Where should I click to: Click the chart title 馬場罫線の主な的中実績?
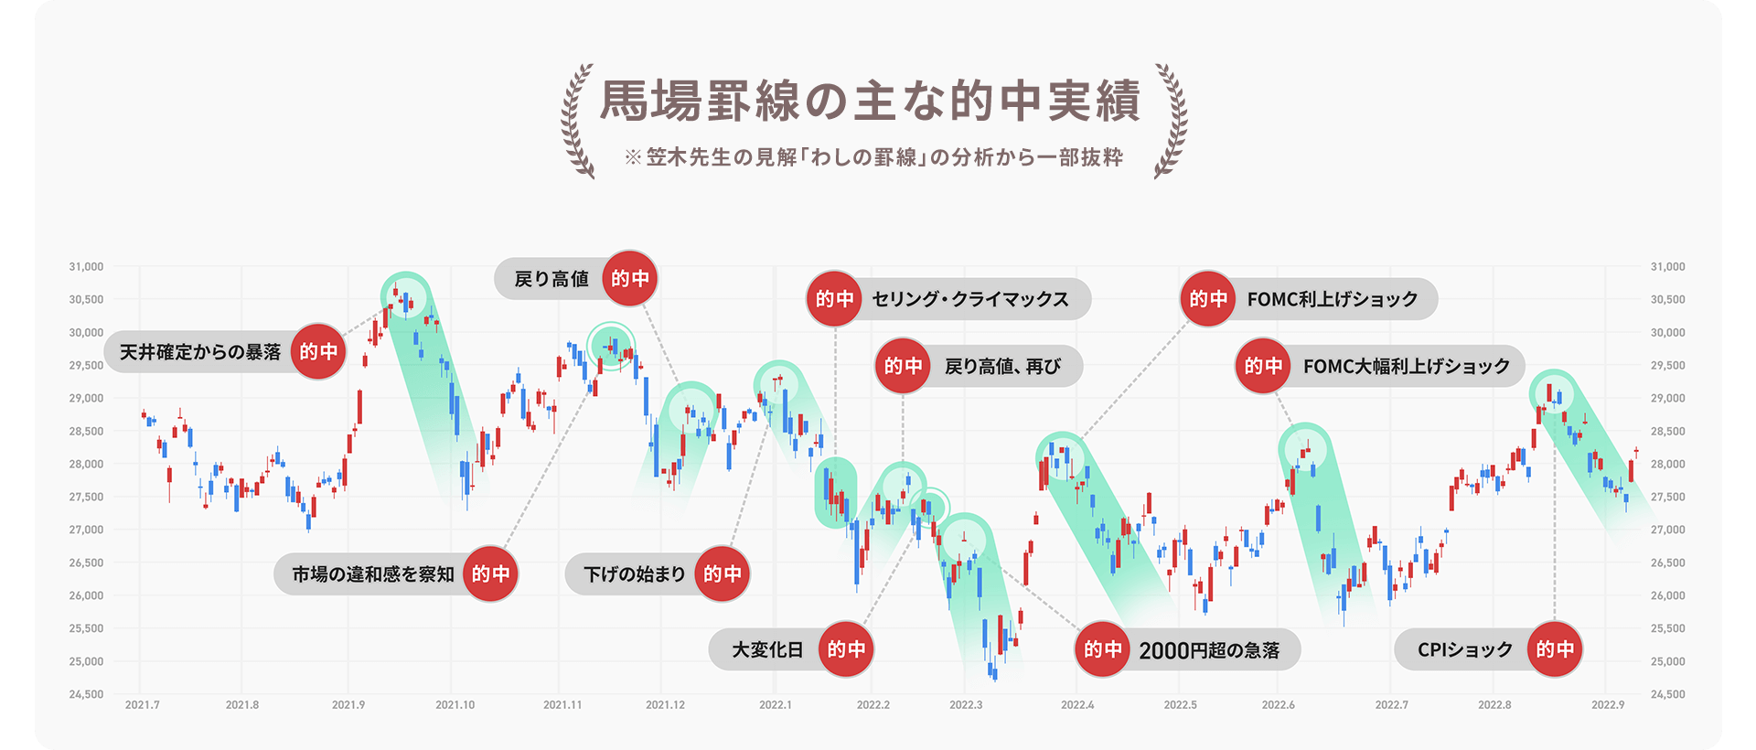(x=870, y=102)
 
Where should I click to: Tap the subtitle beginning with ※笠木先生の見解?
(x=873, y=157)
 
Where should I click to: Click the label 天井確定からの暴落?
(x=200, y=352)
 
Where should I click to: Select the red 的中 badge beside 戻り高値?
(x=630, y=278)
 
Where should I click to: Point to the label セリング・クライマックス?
(x=970, y=299)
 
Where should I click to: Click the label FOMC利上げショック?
(x=1332, y=299)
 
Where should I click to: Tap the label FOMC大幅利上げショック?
(x=1406, y=366)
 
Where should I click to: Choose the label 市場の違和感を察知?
(x=373, y=573)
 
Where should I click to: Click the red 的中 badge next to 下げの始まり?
(x=723, y=573)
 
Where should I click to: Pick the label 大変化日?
(x=767, y=649)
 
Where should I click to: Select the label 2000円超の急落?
(x=1208, y=650)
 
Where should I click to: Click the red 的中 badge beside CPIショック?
(x=1555, y=649)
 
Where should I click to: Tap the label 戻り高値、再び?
(x=1002, y=366)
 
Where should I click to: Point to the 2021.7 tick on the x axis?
(x=142, y=705)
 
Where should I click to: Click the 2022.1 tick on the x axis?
(x=775, y=705)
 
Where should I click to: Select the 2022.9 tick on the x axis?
(x=1608, y=705)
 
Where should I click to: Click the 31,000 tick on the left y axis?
(x=86, y=267)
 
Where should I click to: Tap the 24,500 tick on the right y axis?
(x=1667, y=694)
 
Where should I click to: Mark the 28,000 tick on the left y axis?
(x=86, y=464)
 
